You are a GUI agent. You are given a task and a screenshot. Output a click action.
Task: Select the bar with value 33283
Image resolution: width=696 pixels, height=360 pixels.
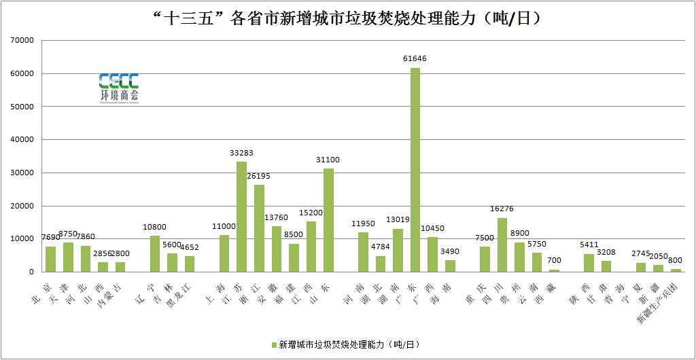(241, 217)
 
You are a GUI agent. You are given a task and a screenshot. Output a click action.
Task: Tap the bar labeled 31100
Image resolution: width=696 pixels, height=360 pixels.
(328, 220)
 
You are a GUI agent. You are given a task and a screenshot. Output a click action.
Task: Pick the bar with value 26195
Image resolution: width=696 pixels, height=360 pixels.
(259, 228)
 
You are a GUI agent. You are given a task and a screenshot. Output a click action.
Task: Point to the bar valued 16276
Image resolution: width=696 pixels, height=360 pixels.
(502, 245)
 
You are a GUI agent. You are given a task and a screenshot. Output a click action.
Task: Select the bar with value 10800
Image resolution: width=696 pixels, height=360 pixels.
(155, 253)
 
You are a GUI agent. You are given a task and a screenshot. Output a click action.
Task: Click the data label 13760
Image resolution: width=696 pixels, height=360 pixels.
(276, 217)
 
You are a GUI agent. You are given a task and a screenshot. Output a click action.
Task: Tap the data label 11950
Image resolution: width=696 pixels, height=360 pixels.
(364, 223)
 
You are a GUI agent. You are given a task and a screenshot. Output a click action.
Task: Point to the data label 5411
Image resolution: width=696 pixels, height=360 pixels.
(589, 245)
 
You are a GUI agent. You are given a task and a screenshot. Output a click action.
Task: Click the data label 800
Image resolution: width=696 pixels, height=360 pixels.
(676, 260)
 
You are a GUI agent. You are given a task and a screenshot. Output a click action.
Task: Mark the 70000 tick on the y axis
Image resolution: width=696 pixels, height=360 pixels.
(22, 40)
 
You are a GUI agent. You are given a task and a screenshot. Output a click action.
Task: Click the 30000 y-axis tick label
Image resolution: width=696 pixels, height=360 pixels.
(22, 173)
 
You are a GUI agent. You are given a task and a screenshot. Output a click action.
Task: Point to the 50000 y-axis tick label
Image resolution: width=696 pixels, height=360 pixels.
(22, 107)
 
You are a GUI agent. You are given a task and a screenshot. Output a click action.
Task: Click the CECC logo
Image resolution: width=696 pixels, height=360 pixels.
(118, 89)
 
